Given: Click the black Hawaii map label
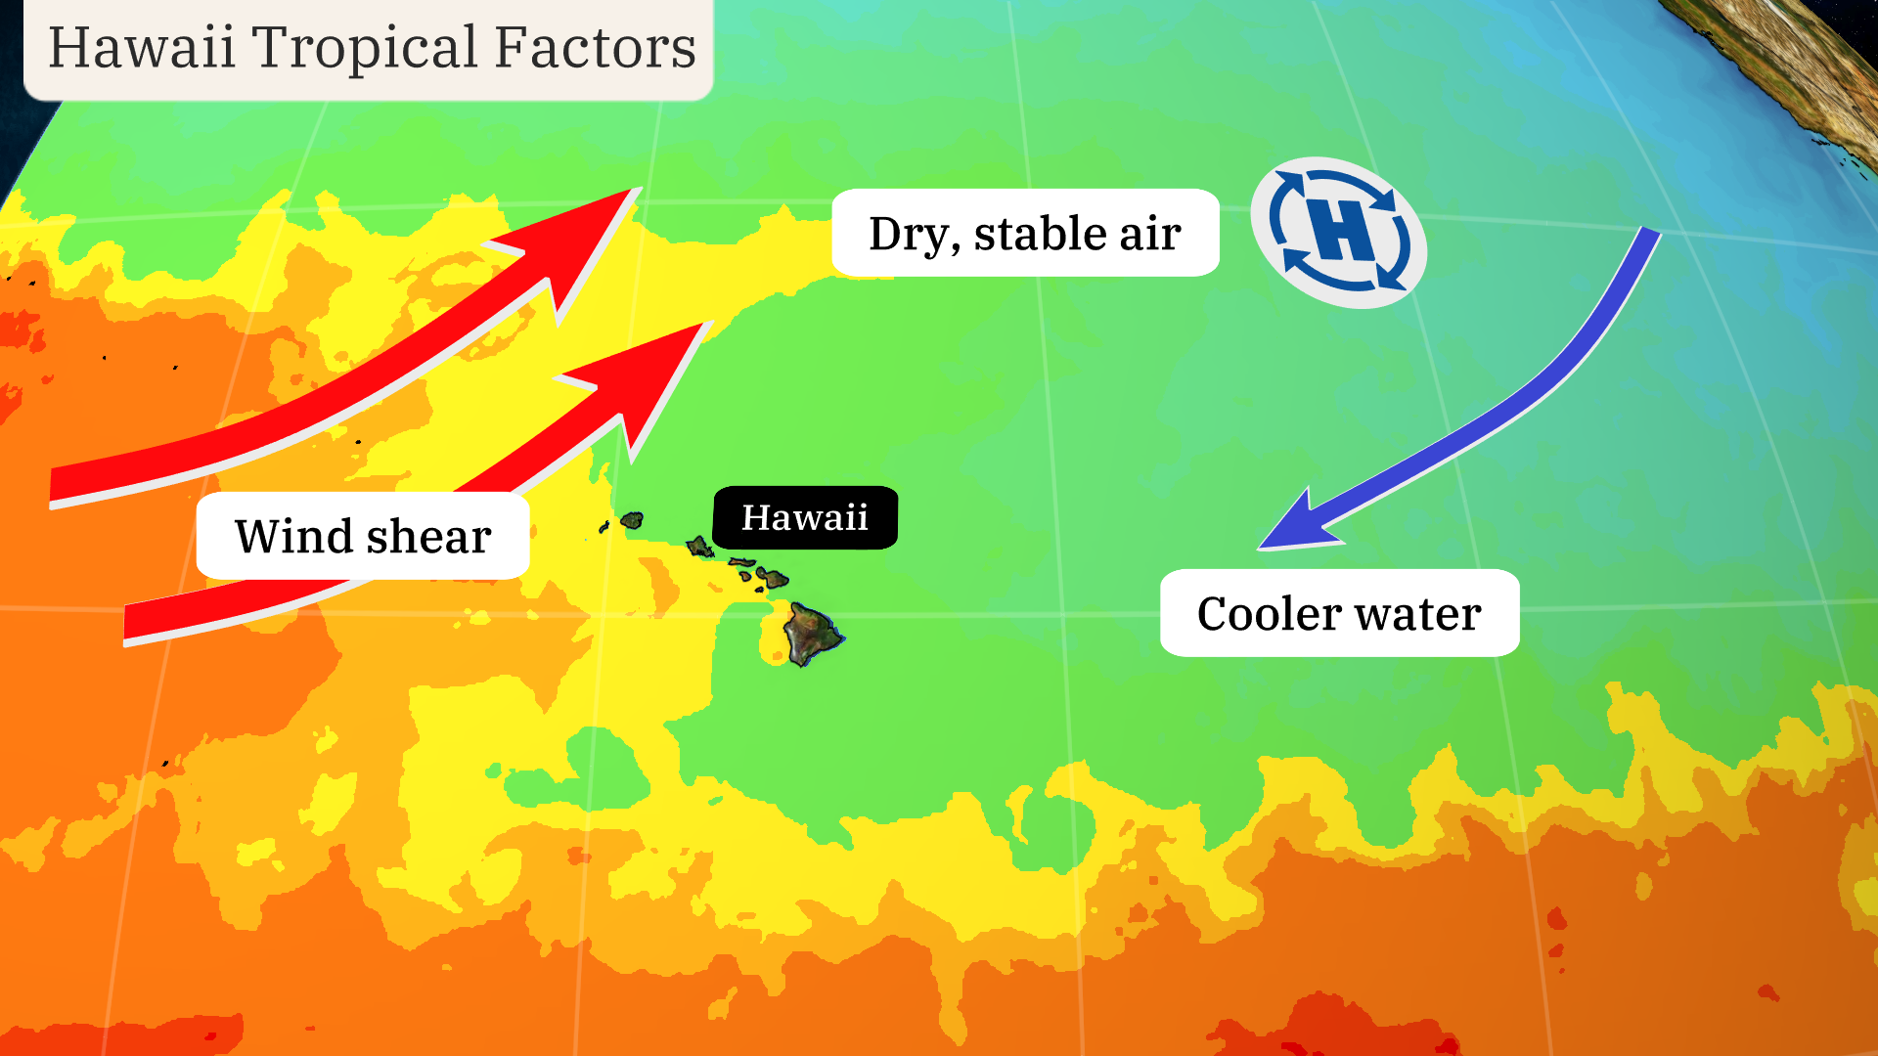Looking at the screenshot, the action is click(x=805, y=517).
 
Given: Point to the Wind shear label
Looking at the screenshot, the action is click(x=363, y=536).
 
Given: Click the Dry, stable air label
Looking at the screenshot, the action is click(x=1025, y=233).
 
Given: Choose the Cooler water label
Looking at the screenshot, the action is click(x=1339, y=613).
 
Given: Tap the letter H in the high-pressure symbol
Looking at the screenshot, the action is click(x=1342, y=231).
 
